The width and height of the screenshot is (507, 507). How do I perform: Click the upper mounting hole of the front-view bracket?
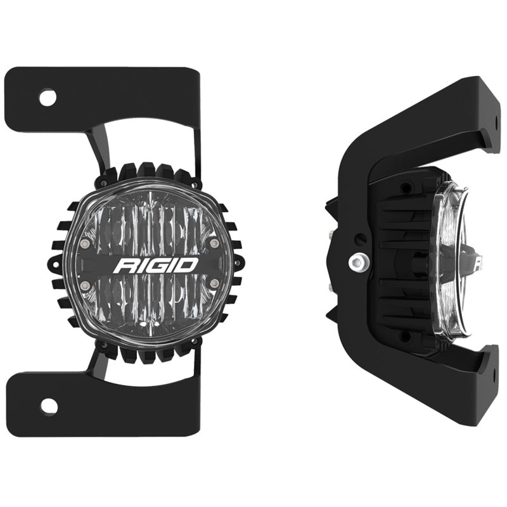[48, 98]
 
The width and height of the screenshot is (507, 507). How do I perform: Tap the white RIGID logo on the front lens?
[157, 264]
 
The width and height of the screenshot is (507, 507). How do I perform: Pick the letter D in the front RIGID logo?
[189, 264]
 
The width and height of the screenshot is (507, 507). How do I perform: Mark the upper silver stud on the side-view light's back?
[331, 234]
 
